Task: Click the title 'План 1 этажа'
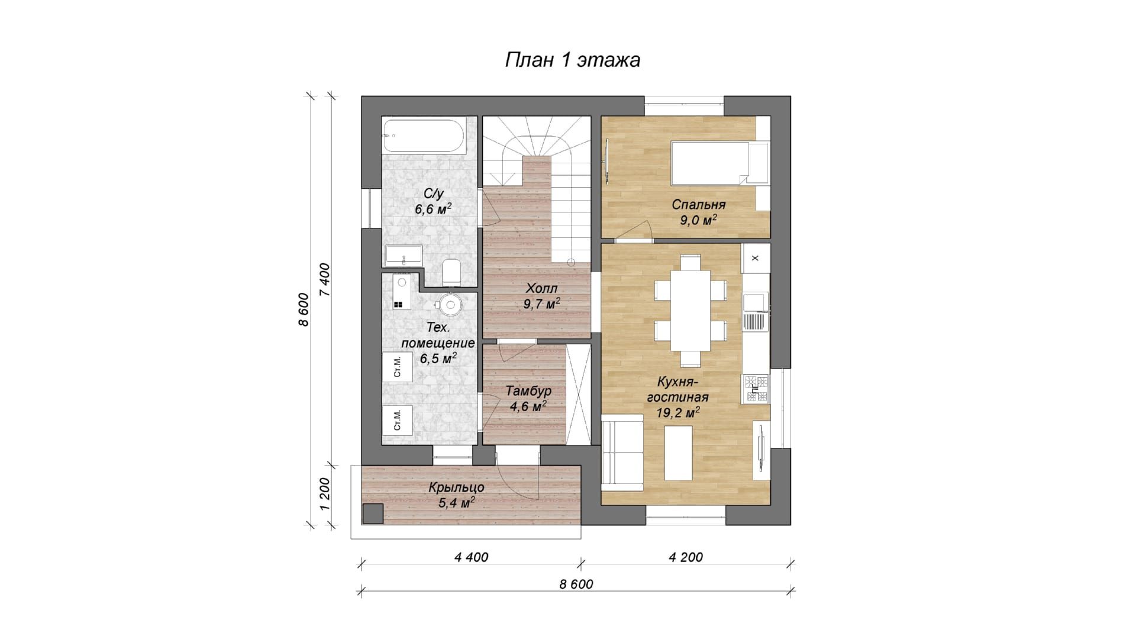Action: [x=572, y=60]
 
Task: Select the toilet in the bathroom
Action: [x=451, y=272]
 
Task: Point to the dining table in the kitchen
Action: [x=690, y=310]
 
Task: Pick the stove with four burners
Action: [x=756, y=389]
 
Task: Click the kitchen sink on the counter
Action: [x=756, y=311]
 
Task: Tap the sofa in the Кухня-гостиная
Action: [x=622, y=453]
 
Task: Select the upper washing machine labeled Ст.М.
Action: [x=398, y=369]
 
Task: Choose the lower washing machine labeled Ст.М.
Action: [x=398, y=421]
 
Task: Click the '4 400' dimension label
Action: [x=471, y=557]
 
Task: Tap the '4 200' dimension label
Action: [x=686, y=557]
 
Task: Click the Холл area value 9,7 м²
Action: [x=542, y=304]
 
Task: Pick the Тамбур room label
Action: [x=528, y=391]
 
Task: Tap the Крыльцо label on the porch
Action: [x=456, y=488]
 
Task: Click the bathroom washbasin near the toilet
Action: [x=404, y=255]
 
